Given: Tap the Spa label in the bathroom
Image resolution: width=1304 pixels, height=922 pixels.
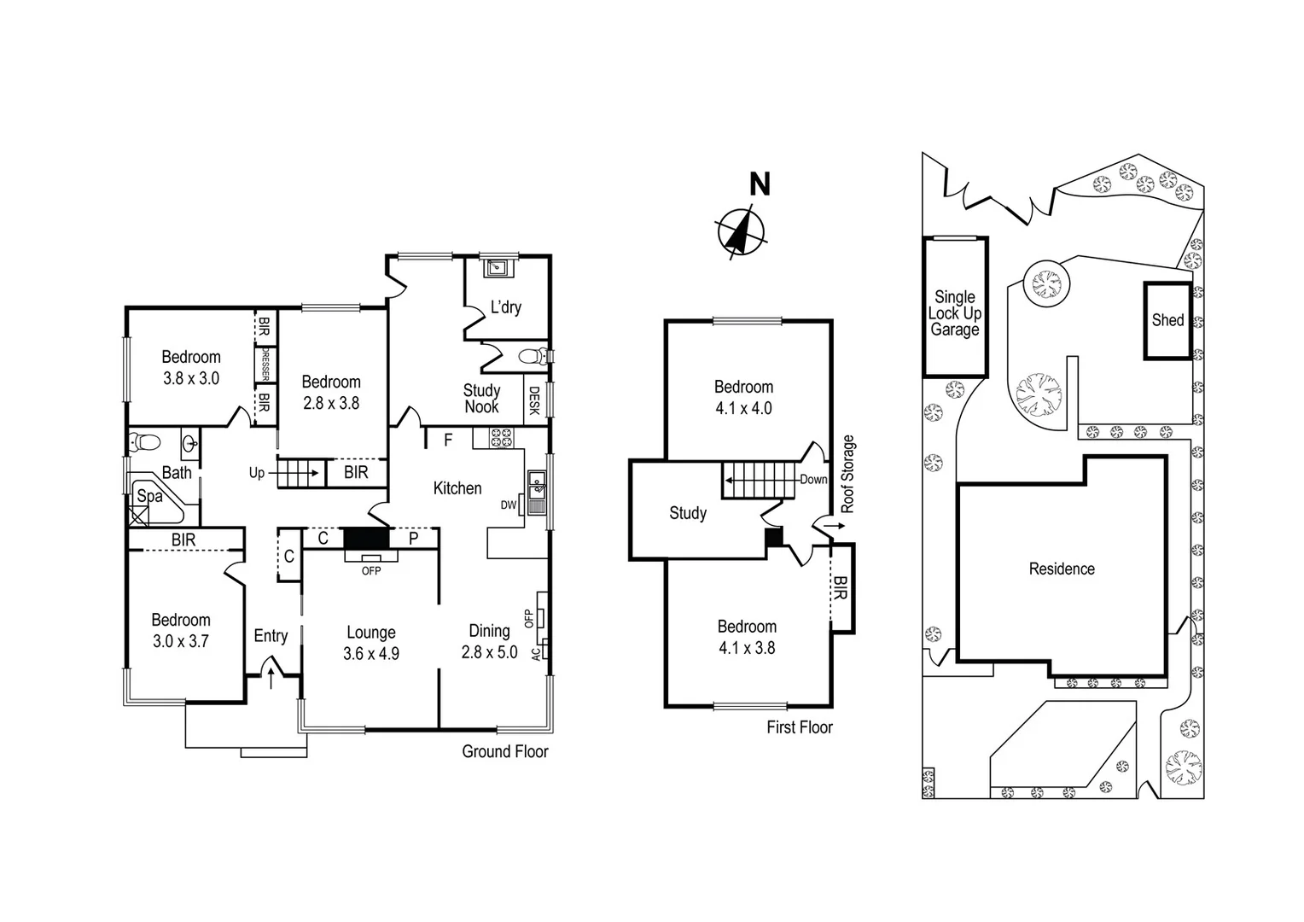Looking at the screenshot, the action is (149, 496).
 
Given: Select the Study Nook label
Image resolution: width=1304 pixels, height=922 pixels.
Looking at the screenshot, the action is (481, 399).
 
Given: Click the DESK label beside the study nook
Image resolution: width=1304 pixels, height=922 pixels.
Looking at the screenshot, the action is (534, 401).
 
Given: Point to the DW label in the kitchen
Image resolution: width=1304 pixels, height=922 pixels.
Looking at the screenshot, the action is (509, 505).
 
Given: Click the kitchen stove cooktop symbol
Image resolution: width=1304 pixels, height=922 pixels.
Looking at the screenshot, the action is (500, 439).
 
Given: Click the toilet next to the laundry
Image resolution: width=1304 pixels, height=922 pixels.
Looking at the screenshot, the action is (533, 356).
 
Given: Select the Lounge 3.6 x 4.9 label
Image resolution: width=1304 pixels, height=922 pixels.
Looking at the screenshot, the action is (371, 643).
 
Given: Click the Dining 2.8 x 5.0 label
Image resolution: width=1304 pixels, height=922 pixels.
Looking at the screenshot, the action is (489, 641).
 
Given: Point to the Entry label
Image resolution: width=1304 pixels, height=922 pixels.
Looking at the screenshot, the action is (271, 636).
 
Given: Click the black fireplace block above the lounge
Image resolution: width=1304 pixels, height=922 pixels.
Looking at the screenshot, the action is (366, 539).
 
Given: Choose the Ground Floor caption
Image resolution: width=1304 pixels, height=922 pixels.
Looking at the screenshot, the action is (505, 751).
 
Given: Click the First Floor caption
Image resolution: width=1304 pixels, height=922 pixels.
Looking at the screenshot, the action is (799, 727).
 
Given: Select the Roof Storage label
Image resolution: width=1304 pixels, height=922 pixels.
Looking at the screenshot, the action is (847, 475).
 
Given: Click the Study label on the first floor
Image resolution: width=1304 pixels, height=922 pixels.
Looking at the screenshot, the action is (688, 513).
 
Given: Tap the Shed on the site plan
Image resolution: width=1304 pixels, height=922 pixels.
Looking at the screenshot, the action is (1167, 320).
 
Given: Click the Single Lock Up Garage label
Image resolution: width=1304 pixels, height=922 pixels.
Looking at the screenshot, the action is (955, 313).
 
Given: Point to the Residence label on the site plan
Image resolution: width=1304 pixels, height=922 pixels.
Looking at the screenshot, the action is (1062, 569).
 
